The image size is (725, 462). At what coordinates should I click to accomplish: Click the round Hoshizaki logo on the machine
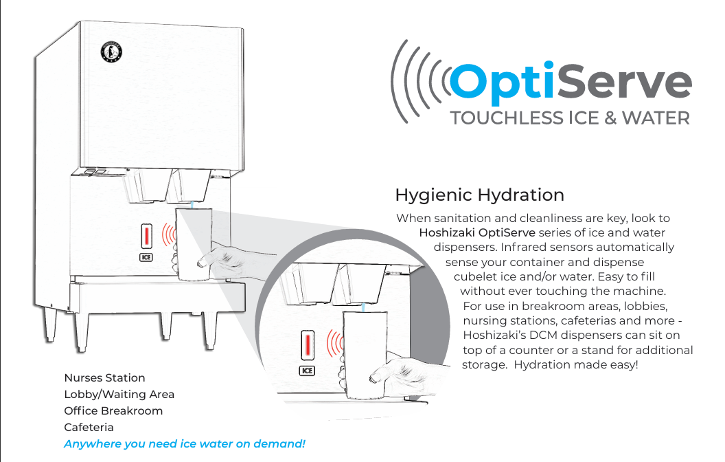coord(111,53)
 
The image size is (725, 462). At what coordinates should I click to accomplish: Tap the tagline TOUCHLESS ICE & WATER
coord(569,118)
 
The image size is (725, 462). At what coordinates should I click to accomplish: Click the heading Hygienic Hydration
coord(479,195)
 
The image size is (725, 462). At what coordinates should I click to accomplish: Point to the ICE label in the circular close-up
coord(307,371)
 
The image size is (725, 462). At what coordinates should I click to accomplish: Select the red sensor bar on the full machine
coord(146,237)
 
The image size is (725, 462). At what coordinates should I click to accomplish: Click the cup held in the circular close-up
coord(364,354)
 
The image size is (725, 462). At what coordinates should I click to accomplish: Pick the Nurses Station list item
coord(104,377)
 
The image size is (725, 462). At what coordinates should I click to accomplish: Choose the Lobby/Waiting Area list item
coord(119,394)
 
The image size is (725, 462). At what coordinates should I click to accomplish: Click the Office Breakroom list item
coord(113,410)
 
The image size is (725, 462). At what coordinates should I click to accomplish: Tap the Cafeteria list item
coord(89,427)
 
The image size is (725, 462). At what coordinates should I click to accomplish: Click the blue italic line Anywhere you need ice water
coord(184,443)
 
